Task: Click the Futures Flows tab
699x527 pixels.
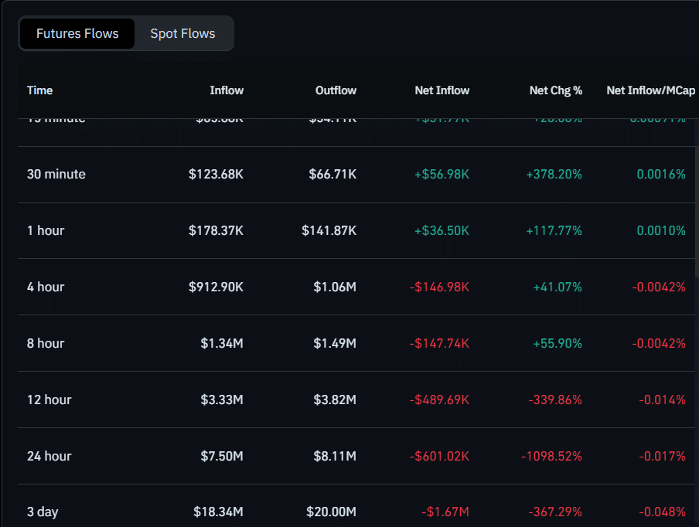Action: pos(77,34)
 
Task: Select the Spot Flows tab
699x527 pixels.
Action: pos(182,34)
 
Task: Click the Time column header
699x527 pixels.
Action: pos(40,90)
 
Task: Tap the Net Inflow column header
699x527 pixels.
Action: pos(442,90)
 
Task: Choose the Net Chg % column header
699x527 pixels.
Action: pos(555,90)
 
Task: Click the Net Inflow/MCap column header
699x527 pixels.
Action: pos(646,90)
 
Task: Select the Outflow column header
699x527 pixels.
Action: pos(336,90)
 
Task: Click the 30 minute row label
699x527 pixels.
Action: pos(56,175)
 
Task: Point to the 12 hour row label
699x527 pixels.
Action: pos(49,400)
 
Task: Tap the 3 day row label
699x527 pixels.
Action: pos(43,512)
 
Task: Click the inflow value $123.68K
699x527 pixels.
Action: pos(216,175)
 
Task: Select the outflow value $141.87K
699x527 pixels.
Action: pos(329,231)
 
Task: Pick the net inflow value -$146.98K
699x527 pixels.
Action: pos(439,287)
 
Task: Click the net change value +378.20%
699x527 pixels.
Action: pos(554,175)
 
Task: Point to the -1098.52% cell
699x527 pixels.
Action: pos(552,457)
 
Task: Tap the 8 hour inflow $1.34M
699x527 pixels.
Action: pos(221,344)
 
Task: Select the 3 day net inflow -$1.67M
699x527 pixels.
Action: pos(445,512)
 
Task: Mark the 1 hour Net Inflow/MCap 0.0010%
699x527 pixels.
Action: pos(661,231)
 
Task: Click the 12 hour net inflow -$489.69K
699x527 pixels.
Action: pos(439,400)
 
